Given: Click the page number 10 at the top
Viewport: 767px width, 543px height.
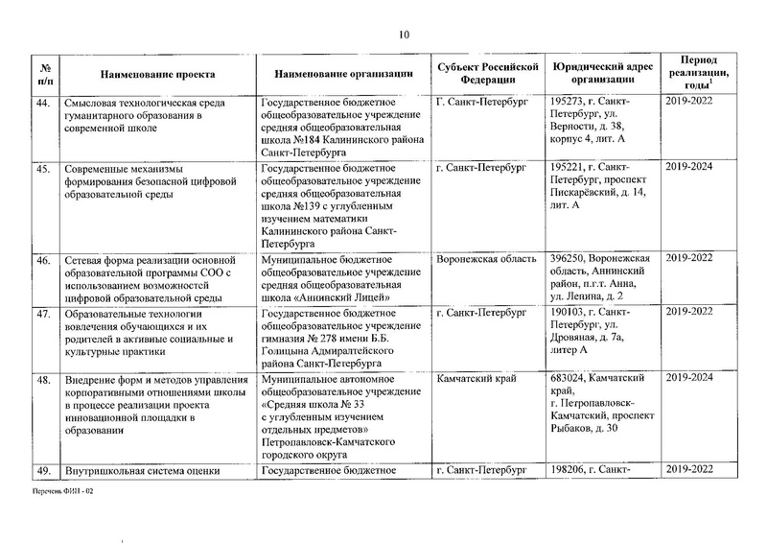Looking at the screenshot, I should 404,35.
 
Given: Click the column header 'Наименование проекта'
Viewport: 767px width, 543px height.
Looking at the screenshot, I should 155,73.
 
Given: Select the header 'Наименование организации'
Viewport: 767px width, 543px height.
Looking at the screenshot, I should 343,73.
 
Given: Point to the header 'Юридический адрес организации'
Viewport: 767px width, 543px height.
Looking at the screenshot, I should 603,73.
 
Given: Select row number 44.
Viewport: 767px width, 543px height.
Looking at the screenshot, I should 42,101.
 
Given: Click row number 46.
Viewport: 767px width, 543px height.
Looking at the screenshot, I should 42,259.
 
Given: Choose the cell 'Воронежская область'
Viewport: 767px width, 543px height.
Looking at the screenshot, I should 480,259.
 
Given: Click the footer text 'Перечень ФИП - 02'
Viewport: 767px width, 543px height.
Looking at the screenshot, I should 61,490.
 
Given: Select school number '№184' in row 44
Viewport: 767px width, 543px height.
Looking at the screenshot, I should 311,138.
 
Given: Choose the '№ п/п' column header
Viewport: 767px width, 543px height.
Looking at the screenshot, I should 42,73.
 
